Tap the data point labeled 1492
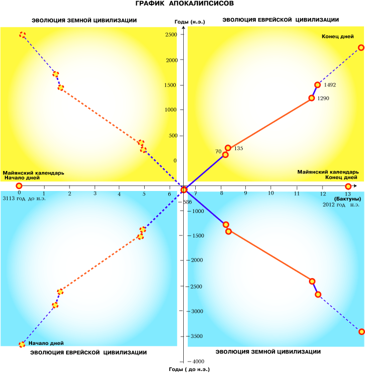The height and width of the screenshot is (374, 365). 317,85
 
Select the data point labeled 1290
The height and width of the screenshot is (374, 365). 311,98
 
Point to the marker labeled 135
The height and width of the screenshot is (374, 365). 228,148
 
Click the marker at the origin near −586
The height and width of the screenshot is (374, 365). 184,189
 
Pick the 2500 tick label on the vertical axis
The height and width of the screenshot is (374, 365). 171,34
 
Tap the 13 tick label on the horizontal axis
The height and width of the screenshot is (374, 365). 347,194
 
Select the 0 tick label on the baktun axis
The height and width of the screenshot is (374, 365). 19,193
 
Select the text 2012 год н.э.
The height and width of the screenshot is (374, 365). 341,205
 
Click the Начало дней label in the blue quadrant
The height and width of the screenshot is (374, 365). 46,343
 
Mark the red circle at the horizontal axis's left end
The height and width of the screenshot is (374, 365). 19,186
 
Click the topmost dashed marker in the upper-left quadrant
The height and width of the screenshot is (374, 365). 23,35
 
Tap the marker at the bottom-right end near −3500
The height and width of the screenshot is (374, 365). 361,331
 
